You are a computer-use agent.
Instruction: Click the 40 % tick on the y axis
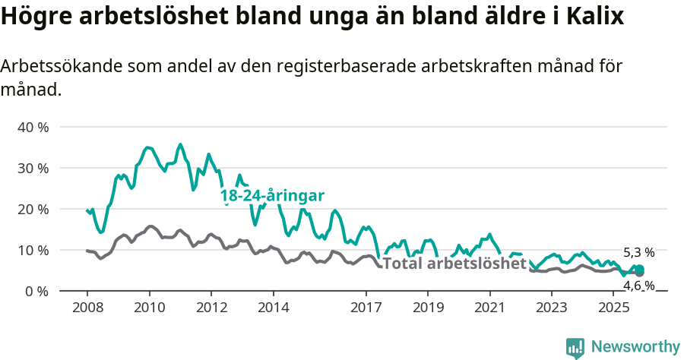tap(33, 127)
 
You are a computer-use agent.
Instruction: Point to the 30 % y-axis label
tap(33, 168)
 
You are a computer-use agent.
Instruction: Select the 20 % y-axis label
tap(33, 209)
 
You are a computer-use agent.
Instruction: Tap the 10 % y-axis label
tap(33, 250)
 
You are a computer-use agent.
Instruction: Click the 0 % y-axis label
tap(36, 291)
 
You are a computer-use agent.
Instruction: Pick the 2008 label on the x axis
tap(87, 308)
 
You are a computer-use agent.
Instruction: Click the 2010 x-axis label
tap(149, 308)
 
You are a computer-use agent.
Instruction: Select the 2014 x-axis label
tap(273, 308)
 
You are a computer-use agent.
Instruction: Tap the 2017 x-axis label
tap(366, 308)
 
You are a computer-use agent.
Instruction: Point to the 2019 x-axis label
tap(427, 308)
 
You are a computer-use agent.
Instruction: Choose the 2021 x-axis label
tap(489, 308)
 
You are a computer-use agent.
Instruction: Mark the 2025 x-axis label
tap(613, 308)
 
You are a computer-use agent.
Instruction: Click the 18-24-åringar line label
tap(272, 196)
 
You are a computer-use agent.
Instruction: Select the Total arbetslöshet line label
tap(454, 264)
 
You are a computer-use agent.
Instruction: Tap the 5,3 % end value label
tap(638, 252)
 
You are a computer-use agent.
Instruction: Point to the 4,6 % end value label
tap(638, 286)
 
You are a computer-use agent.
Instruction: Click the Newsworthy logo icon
tap(575, 348)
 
